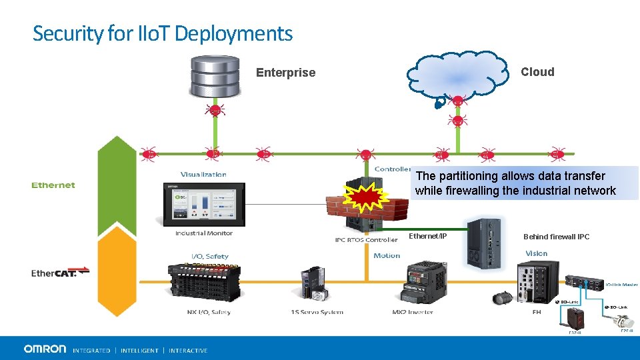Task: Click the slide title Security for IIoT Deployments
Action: click(163, 33)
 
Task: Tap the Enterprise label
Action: click(285, 73)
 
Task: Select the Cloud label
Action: click(537, 72)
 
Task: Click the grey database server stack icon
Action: click(215, 77)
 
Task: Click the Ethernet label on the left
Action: click(53, 185)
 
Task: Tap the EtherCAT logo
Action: click(60, 272)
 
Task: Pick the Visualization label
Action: click(203, 175)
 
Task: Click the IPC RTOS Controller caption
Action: click(366, 239)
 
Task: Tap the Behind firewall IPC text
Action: click(556, 237)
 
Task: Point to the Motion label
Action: click(387, 255)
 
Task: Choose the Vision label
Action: click(536, 253)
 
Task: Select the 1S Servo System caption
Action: click(317, 312)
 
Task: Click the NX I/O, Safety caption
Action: click(209, 312)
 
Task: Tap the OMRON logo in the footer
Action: click(45, 349)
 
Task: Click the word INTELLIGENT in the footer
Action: click(139, 351)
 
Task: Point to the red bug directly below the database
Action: click(215, 111)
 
